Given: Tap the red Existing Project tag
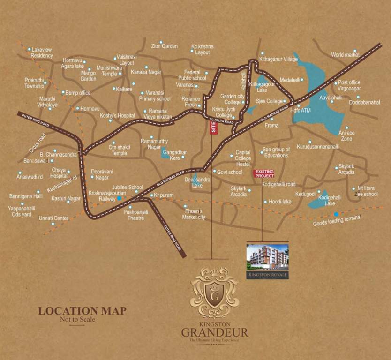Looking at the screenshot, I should point(263,173).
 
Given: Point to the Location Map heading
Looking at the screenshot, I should point(82,310).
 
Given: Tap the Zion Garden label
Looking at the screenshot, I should point(164,46).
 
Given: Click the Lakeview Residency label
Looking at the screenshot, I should point(42,52).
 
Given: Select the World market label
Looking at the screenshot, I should point(345,55).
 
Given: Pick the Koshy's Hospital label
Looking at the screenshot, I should point(117,115).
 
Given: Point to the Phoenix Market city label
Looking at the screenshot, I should point(194,215).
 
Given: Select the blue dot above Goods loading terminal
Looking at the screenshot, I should point(335,214).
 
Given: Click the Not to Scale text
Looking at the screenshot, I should point(77,320).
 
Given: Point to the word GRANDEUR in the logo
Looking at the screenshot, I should point(214,334).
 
